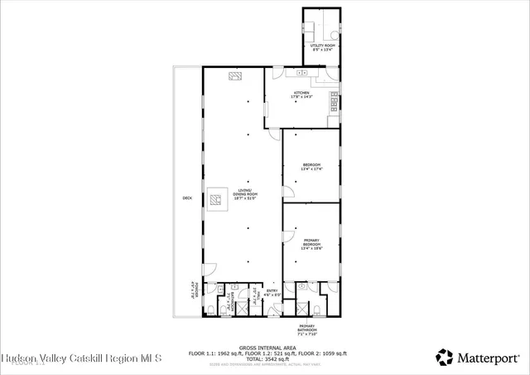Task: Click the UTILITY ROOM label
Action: point(323,46)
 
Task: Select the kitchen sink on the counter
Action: point(302,73)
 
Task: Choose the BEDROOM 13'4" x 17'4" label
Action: point(311,166)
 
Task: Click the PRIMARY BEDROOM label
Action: point(311,245)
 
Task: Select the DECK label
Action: point(187,197)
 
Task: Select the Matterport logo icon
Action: point(444,358)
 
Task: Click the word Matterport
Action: point(485,358)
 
